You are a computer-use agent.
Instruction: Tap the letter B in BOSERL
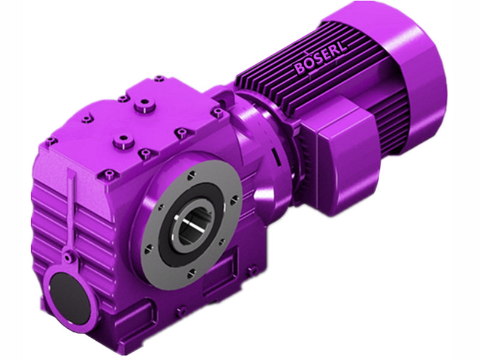tap(299, 70)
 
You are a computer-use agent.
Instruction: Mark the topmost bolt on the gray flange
tap(190, 175)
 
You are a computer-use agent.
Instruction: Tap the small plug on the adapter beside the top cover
tap(217, 112)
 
